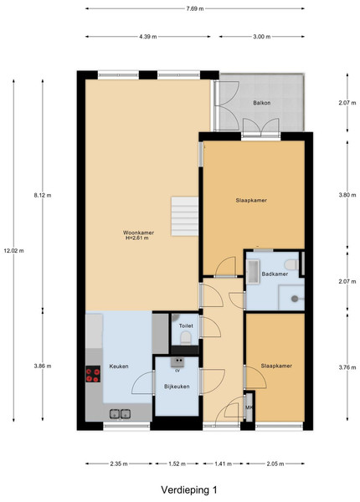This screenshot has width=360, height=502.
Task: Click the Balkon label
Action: [x=262, y=103]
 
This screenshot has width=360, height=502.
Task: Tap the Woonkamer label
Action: [x=138, y=233]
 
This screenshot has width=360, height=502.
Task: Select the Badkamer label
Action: [x=275, y=274]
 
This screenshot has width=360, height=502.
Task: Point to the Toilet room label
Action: [x=186, y=326]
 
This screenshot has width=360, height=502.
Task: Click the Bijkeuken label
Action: [x=177, y=387]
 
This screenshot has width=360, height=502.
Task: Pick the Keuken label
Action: [x=119, y=366]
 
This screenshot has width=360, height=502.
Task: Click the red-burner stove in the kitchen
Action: [x=93, y=374]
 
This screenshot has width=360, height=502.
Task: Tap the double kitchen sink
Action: [x=120, y=413]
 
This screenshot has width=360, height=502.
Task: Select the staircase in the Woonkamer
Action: [x=184, y=217]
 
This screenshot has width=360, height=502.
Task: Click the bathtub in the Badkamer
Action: [x=253, y=271]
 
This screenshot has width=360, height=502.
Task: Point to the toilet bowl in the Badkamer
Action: [x=291, y=264]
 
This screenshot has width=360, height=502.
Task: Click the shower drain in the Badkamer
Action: [x=295, y=299]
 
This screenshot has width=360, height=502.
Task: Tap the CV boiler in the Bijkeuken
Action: [x=177, y=362]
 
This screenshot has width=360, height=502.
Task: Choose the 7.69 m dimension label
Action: [x=195, y=8]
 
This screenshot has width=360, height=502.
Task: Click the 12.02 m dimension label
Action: [x=13, y=251]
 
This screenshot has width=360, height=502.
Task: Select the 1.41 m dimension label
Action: [x=223, y=464]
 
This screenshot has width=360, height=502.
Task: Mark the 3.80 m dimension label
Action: [x=347, y=195]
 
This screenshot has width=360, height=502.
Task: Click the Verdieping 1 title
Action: [x=189, y=489]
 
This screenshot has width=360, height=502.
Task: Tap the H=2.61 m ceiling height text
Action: [x=137, y=238]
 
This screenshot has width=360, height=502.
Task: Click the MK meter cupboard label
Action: [x=249, y=407]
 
